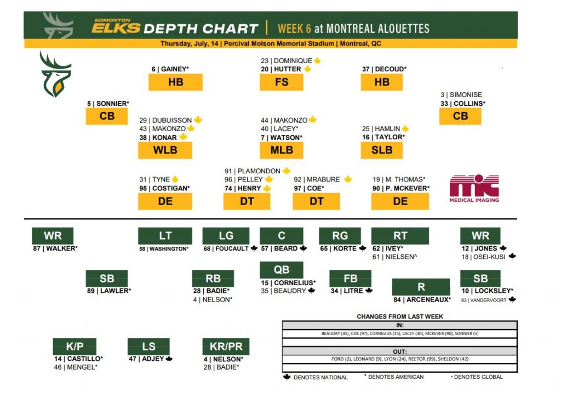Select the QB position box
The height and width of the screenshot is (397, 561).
click(282, 270)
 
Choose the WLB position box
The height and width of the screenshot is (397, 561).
click(165, 150)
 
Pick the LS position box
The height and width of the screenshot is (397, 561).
click(148, 347)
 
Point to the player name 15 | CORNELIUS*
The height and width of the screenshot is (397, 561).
click(288, 283)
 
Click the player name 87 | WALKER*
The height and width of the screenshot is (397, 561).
click(55, 248)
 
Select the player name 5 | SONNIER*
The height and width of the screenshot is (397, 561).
click(108, 103)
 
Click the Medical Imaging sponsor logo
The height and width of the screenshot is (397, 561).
click(474, 189)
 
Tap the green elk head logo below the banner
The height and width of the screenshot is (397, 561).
click(55, 74)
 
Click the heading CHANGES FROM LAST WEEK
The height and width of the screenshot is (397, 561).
click(400, 316)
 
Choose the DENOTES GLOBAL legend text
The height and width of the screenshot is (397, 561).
click(478, 377)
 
